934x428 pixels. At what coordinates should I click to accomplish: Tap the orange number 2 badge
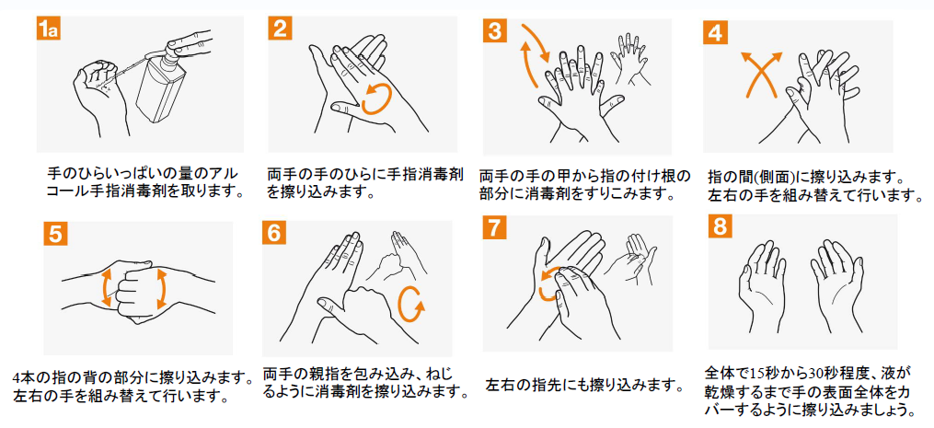[280, 28]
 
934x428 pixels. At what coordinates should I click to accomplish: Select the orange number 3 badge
[494, 30]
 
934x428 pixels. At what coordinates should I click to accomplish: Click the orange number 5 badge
[55, 233]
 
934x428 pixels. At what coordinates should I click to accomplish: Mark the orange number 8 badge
[721, 227]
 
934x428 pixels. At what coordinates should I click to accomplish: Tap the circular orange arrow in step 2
[377, 98]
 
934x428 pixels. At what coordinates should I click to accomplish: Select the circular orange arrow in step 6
[411, 303]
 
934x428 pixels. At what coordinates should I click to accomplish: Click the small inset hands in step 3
[634, 60]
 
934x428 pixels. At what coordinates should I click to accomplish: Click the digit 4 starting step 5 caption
[17, 378]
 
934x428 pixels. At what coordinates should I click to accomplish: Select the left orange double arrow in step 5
[106, 288]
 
